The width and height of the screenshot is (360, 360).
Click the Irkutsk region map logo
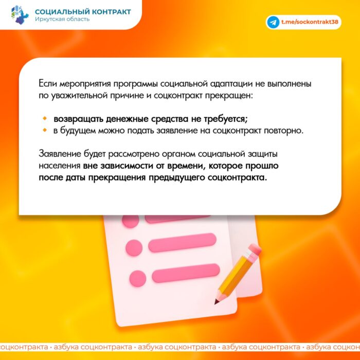click(x=20, y=15)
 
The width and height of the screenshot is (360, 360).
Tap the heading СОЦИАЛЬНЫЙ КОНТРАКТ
click(x=83, y=12)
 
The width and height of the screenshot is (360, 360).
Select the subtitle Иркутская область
click(x=62, y=19)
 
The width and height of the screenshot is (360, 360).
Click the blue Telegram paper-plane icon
click(x=273, y=22)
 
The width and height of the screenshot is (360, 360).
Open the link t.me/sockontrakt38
click(x=310, y=22)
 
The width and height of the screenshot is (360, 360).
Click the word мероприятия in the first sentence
click(x=85, y=84)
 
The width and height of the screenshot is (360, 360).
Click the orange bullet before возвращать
click(x=45, y=119)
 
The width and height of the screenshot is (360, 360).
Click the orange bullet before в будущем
click(x=45, y=130)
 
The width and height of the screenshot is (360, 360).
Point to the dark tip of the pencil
click(x=216, y=302)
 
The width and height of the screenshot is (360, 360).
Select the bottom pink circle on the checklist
click(x=138, y=279)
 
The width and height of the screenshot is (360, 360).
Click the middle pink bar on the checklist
click(x=182, y=243)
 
